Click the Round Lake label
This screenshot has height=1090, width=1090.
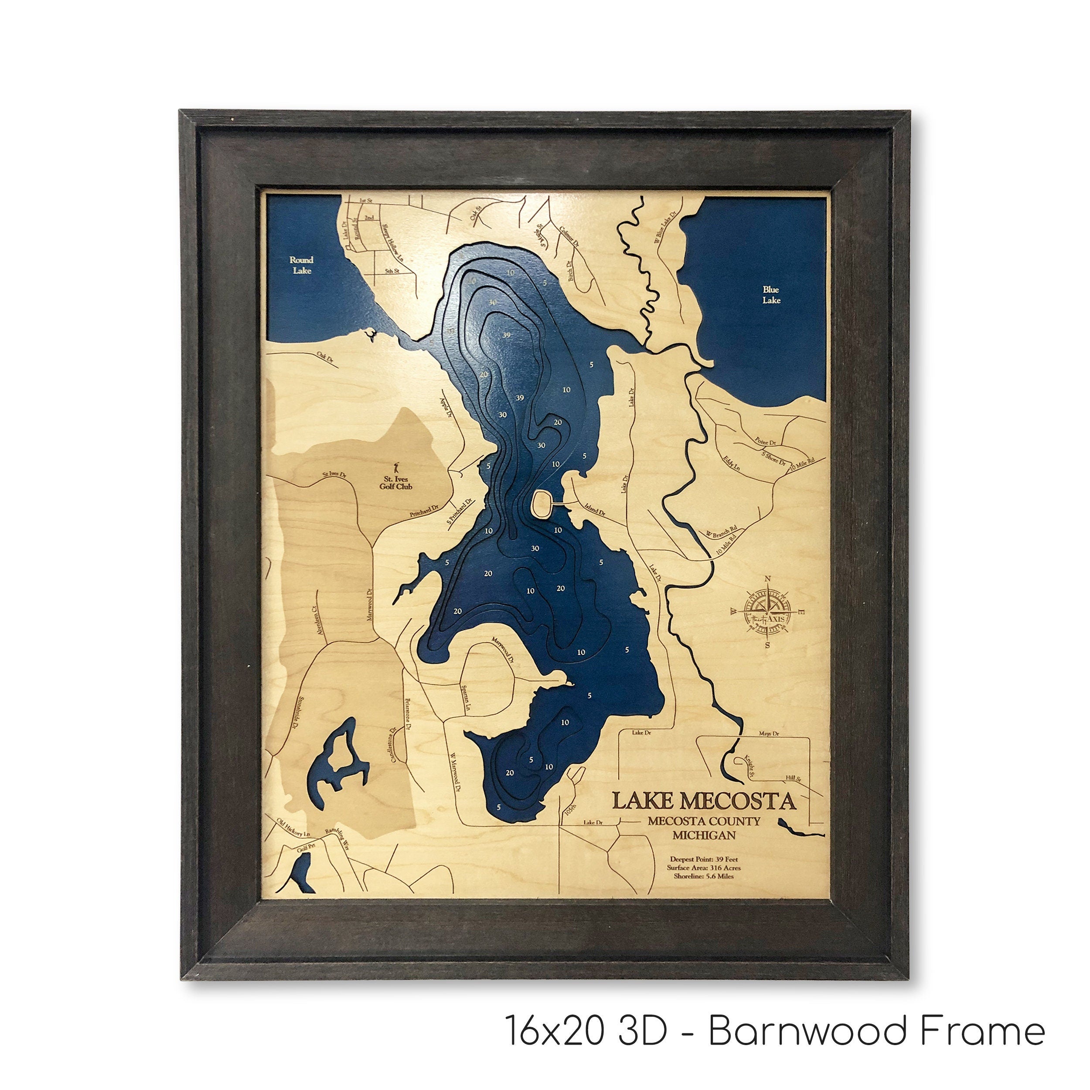301,265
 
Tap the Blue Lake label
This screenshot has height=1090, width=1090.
771,294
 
